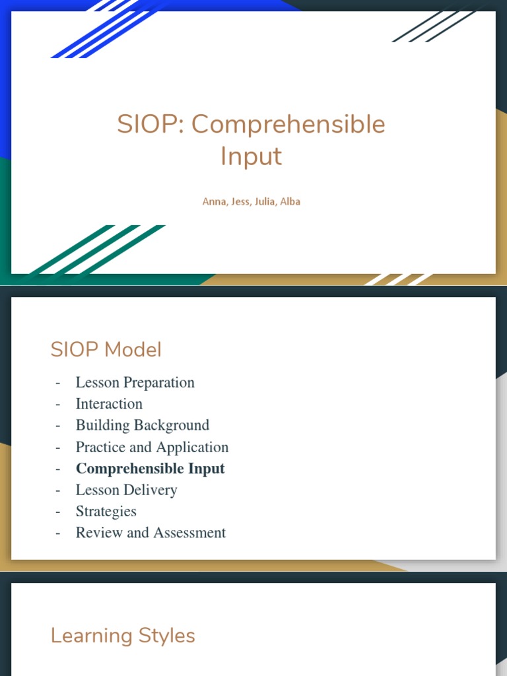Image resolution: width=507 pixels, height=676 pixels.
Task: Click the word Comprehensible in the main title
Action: pos(288,125)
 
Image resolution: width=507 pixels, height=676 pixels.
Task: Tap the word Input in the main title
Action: pos(251,156)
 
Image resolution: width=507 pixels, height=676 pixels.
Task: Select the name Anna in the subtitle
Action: pos(214,202)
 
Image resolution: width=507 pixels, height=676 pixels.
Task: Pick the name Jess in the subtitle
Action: pos(240,202)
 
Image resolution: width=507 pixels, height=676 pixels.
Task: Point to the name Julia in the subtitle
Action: pos(265,202)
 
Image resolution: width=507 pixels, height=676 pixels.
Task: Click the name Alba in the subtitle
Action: pos(290,202)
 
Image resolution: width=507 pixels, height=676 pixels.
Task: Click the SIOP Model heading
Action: pos(106,350)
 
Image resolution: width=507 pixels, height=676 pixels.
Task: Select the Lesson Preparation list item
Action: pos(135,383)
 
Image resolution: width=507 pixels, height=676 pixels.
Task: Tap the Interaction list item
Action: pos(109,404)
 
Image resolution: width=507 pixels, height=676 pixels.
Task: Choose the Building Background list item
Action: pos(142,425)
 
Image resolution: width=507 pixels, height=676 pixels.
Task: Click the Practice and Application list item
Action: pos(152,447)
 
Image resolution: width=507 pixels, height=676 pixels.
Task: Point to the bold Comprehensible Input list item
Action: pos(150,469)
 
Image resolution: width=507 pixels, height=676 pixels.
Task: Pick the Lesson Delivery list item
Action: pos(126,490)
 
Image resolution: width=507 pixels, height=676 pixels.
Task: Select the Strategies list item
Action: pos(106,512)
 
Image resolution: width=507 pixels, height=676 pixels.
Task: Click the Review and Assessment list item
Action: pos(151,533)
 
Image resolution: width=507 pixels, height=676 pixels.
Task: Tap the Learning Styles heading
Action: pos(123,636)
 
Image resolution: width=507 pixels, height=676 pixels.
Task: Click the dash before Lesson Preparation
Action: pos(58,383)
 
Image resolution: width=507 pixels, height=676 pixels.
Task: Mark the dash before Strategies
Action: pos(58,512)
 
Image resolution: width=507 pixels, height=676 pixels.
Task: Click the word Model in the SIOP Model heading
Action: pos(132,350)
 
